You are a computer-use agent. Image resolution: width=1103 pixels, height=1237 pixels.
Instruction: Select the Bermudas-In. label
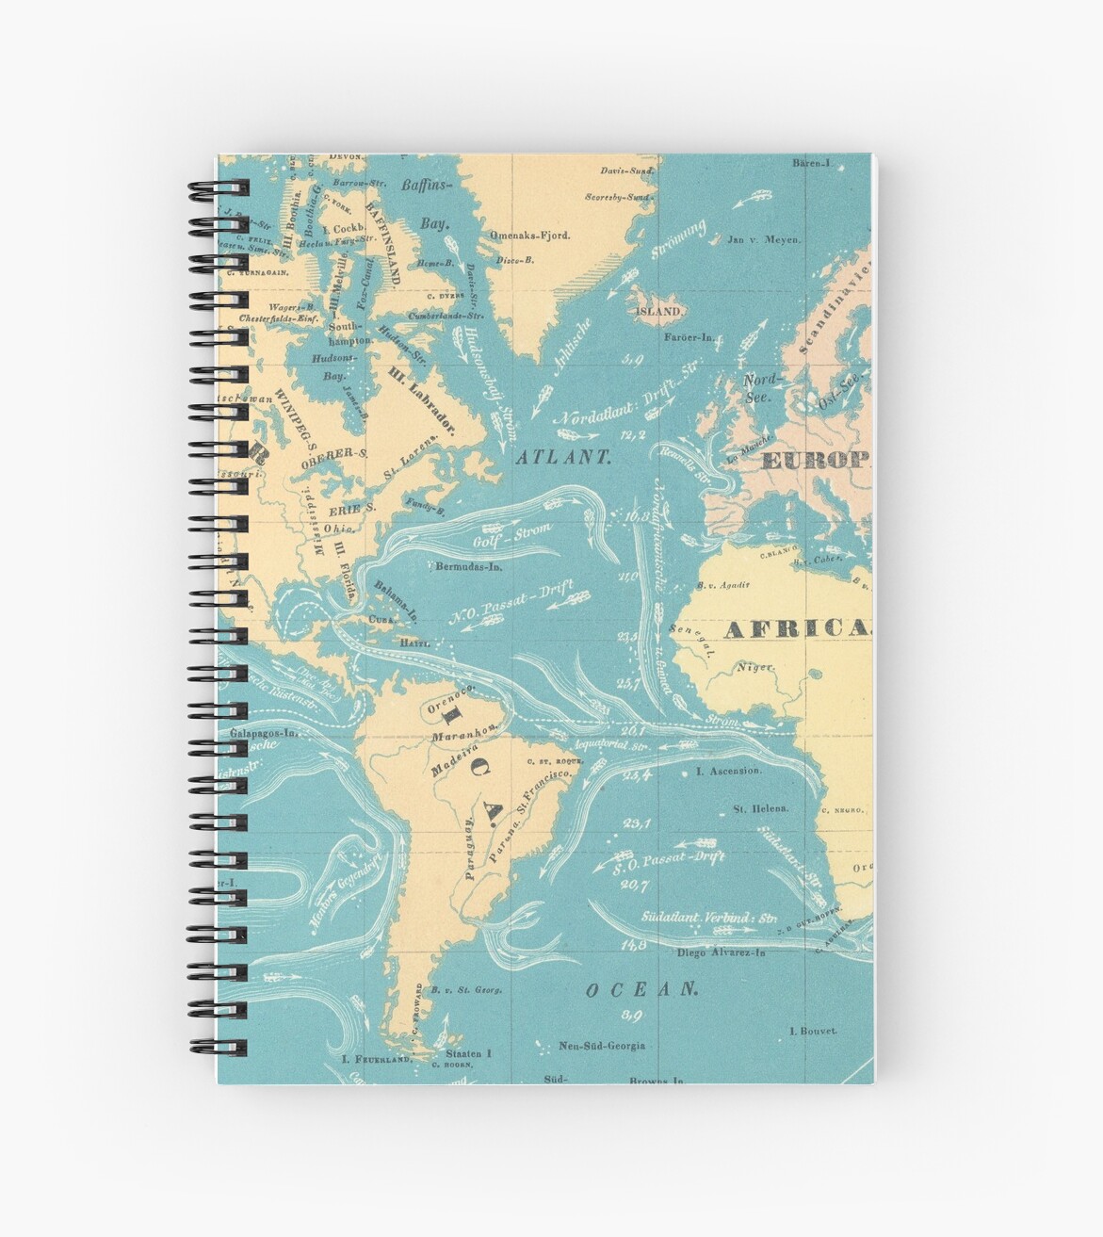[468, 567]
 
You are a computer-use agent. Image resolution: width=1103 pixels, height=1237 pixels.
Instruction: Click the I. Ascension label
[728, 771]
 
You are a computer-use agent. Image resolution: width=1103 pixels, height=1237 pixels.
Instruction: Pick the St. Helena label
[760, 808]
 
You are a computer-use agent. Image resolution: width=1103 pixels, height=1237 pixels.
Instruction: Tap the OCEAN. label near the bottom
[641, 989]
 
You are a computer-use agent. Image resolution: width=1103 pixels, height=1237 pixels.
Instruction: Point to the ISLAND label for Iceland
[657, 311]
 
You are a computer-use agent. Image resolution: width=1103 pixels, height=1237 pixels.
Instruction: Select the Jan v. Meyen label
[764, 240]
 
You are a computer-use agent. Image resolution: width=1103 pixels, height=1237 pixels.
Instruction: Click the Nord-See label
[762, 388]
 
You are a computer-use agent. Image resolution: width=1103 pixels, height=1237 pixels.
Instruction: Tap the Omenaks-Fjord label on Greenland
[529, 235]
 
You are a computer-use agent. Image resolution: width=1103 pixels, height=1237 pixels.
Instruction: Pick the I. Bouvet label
[812, 1031]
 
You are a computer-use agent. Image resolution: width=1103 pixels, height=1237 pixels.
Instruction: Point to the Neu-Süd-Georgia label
[602, 1045]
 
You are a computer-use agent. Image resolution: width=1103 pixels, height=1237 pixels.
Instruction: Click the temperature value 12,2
[634, 434]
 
